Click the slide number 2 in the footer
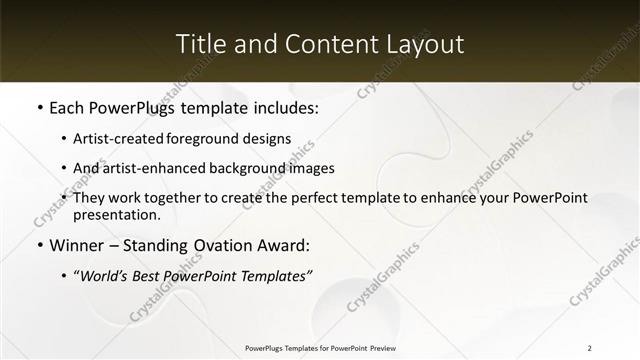click(x=590, y=347)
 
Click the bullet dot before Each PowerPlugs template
click(x=39, y=107)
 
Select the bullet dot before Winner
click(x=39, y=243)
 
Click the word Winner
click(x=81, y=243)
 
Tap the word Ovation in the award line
click(x=233, y=243)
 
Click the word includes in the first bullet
click(x=283, y=107)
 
